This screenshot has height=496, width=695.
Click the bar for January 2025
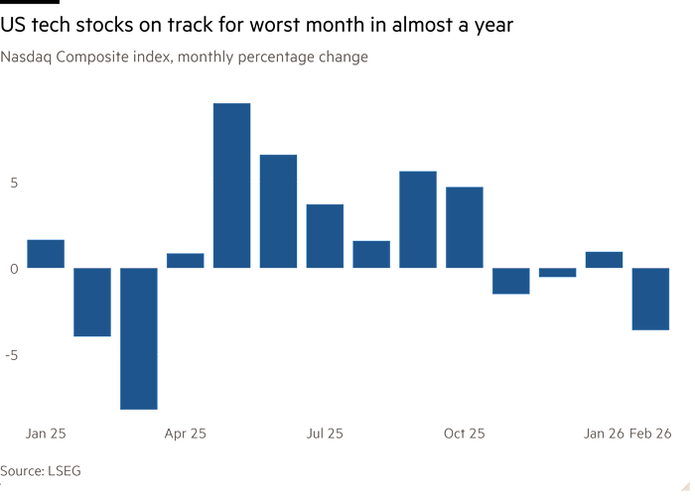click(x=46, y=254)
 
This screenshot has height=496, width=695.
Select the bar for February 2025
click(x=92, y=303)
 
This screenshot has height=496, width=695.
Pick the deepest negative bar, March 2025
click(x=138, y=338)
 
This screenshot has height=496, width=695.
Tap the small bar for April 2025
click(x=185, y=261)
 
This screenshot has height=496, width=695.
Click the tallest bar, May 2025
click(x=231, y=186)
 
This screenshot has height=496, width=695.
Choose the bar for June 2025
click(x=278, y=211)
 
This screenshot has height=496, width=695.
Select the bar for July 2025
click(x=325, y=235)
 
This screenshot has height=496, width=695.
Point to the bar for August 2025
click(x=371, y=254)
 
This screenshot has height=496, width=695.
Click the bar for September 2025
click(x=418, y=219)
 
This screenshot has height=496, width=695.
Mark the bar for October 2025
click(x=464, y=227)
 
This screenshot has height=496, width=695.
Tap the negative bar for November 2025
click(x=510, y=281)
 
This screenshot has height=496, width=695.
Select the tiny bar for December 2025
click(x=557, y=273)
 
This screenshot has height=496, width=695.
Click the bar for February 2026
click(x=650, y=299)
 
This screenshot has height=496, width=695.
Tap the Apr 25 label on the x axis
click(x=185, y=434)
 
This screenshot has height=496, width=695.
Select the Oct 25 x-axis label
click(x=464, y=434)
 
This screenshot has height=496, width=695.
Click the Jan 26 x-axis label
click(x=604, y=434)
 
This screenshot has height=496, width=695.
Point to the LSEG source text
click(x=63, y=470)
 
